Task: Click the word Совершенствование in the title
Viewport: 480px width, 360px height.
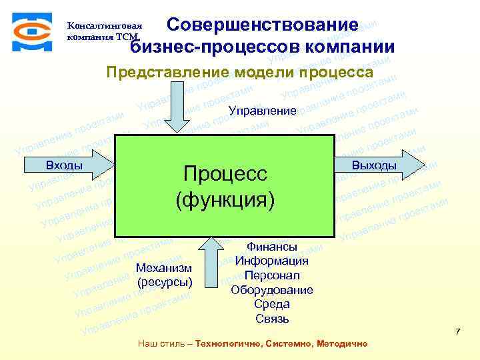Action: tap(262, 25)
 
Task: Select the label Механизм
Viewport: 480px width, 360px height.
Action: tap(163, 267)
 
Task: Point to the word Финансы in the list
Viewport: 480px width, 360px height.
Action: tap(272, 247)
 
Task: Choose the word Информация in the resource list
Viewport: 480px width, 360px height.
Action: tap(272, 261)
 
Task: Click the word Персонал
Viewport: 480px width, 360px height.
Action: tap(272, 275)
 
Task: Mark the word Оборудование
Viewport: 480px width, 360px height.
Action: tap(272, 290)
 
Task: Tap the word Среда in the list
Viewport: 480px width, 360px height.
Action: tap(272, 304)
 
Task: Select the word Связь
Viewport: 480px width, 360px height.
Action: tap(272, 319)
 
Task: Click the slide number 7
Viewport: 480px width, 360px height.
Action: tap(457, 331)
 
